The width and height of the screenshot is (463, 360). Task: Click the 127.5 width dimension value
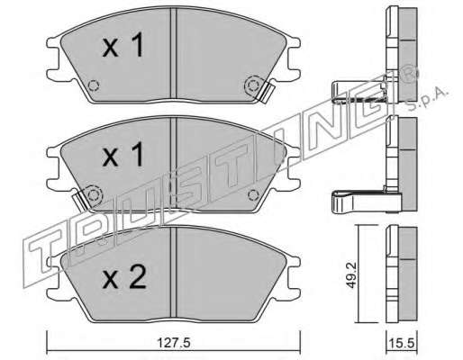[174, 343]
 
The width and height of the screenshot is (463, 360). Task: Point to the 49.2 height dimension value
[351, 275]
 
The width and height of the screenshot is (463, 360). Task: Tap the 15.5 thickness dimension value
[402, 343]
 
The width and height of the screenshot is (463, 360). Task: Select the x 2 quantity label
[124, 278]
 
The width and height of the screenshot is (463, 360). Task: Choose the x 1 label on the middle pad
[123, 154]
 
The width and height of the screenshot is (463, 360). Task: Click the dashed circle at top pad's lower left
[94, 85]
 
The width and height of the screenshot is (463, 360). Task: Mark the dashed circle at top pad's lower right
[253, 85]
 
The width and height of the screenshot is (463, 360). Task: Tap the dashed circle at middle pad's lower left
[94, 195]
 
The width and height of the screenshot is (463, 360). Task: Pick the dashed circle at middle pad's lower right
[253, 195]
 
